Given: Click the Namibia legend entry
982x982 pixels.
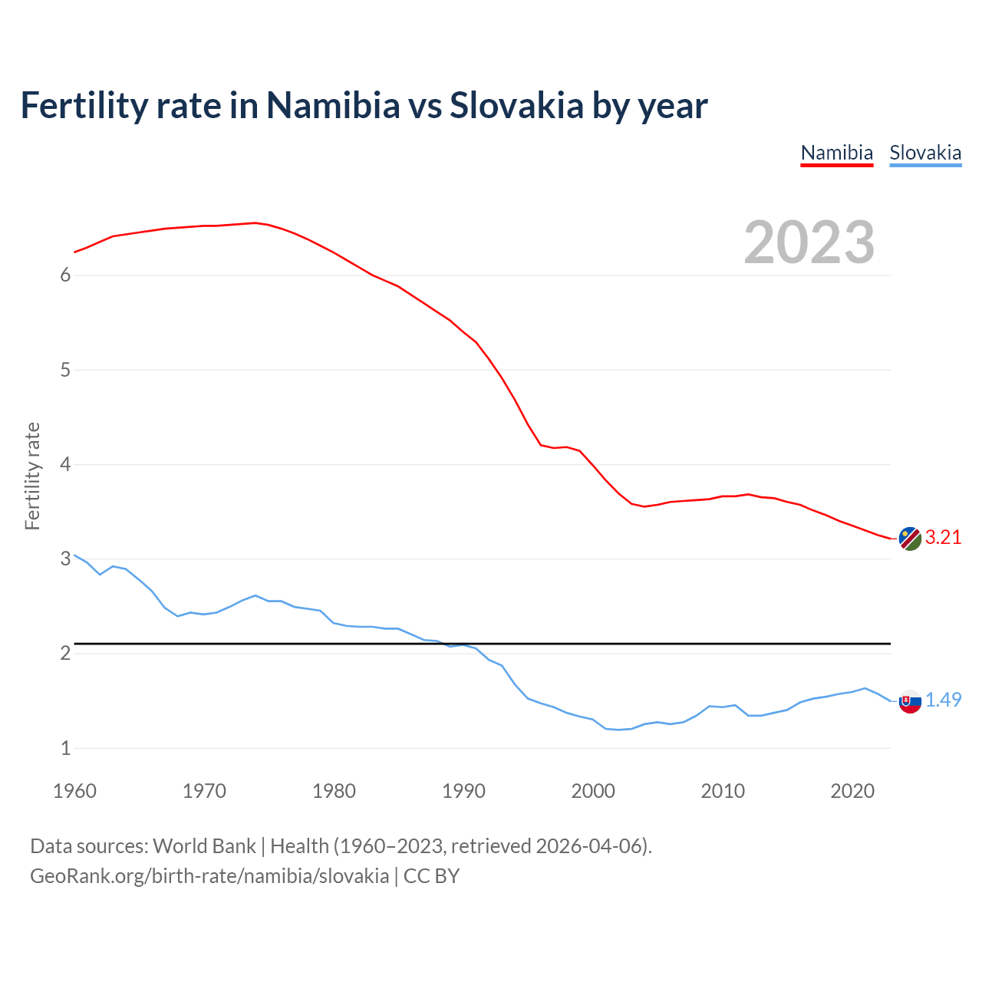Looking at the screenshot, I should click(x=836, y=153).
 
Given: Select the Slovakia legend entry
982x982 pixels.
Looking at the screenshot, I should click(x=925, y=153).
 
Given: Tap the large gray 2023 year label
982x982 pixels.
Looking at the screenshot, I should click(x=809, y=242).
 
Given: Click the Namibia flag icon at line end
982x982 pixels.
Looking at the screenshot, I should click(x=910, y=539).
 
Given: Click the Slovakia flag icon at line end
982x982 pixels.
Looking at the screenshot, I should click(x=910, y=701).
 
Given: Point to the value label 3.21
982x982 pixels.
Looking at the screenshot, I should click(x=943, y=537).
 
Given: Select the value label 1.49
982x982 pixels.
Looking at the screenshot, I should click(x=943, y=700).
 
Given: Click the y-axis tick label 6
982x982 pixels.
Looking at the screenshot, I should click(x=65, y=275).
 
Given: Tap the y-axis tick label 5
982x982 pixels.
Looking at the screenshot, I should click(x=65, y=371).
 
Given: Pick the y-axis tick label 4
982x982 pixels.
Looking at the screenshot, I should click(x=65, y=465).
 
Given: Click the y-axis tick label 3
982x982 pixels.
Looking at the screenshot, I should click(x=65, y=559).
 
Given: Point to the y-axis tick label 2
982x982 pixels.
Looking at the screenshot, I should click(x=65, y=654).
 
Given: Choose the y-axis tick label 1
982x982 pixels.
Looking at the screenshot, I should click(x=65, y=748).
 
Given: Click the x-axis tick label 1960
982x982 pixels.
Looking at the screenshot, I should click(x=74, y=791).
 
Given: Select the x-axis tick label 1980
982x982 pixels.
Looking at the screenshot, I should click(x=334, y=791).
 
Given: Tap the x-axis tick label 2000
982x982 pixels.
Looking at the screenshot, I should click(x=593, y=791).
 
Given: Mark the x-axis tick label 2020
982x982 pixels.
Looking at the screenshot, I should click(x=852, y=791).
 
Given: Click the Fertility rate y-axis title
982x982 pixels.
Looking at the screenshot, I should click(x=32, y=476).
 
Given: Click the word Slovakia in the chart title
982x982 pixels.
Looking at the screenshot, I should click(x=516, y=105).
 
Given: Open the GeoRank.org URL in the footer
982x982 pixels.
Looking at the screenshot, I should click(x=209, y=876).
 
